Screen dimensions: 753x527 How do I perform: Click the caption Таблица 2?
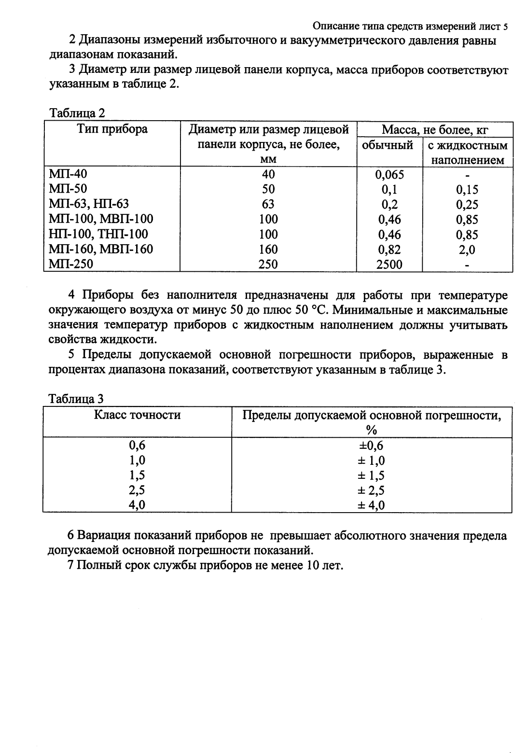[77, 113]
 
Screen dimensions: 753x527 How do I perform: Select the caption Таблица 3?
[76, 399]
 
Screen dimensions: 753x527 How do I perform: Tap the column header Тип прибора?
[112, 129]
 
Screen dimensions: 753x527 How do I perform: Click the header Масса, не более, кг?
[435, 130]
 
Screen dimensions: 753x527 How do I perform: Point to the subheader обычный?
[389, 145]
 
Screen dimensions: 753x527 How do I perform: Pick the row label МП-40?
[68, 174]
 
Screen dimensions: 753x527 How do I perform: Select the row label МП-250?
[71, 264]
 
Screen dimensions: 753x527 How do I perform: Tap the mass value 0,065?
[389, 175]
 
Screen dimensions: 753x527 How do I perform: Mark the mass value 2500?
[389, 265]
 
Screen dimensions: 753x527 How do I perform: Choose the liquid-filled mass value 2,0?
[467, 250]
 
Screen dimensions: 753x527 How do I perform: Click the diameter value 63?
[268, 204]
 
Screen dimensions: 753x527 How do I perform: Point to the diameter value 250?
[268, 265]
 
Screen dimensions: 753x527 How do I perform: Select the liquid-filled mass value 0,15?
[467, 190]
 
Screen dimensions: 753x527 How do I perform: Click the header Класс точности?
[137, 415]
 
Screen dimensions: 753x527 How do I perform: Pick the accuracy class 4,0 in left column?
[137, 505]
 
